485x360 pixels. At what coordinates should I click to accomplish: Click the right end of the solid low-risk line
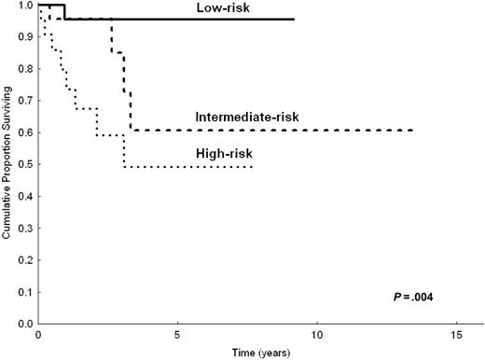click(294, 20)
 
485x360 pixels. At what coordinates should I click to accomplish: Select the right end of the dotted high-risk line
click(253, 167)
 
